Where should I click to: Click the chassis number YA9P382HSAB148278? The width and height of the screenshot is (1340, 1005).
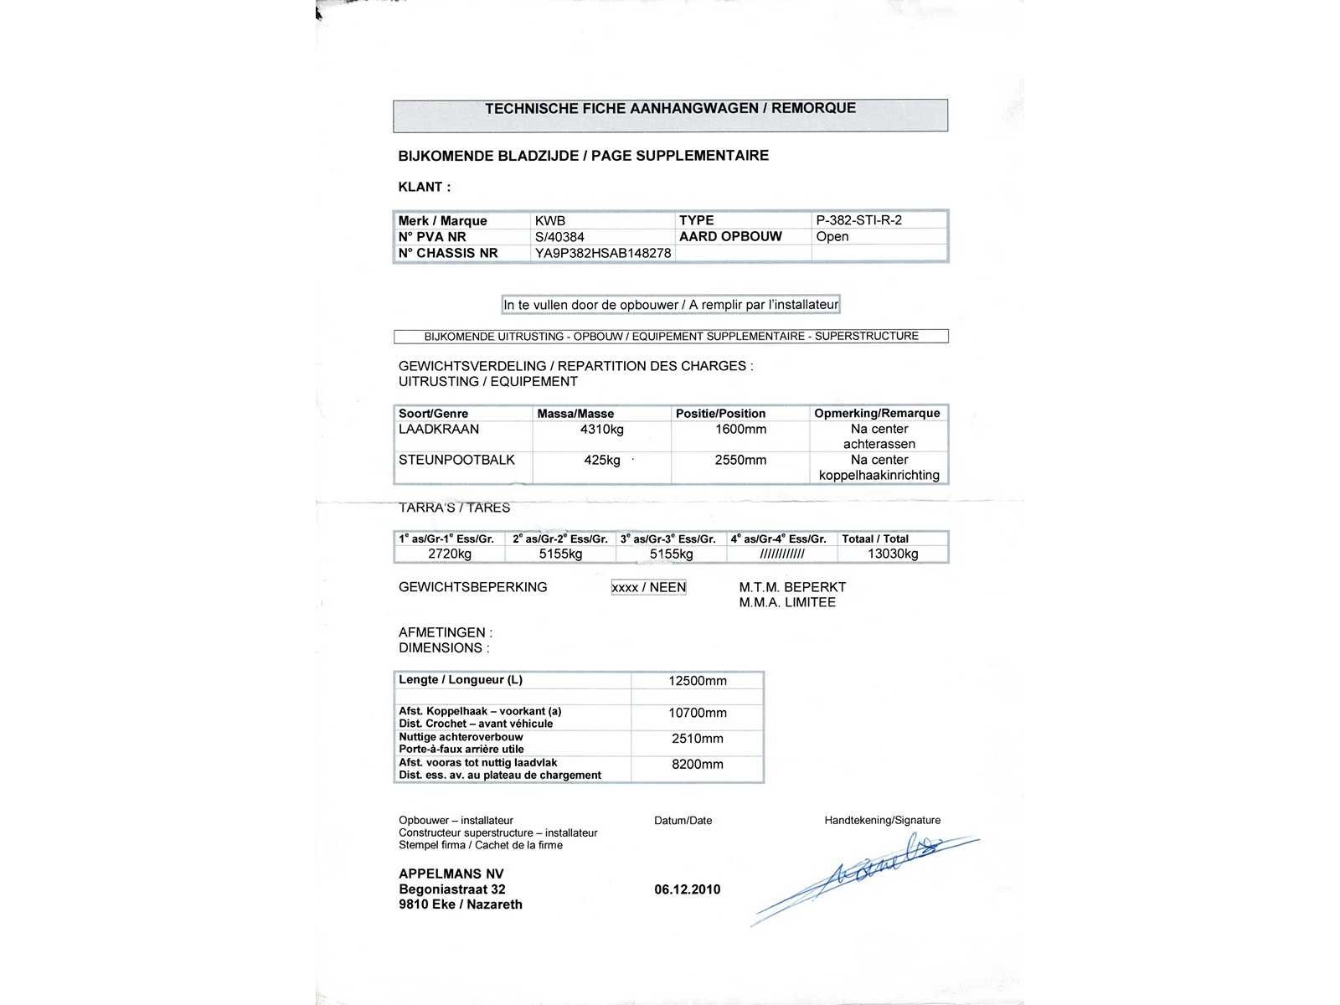tap(603, 253)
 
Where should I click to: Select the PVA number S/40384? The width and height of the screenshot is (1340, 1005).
tap(559, 237)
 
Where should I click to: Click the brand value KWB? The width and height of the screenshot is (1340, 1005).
tap(550, 221)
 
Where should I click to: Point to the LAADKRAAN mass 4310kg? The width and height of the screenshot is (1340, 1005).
tap(601, 430)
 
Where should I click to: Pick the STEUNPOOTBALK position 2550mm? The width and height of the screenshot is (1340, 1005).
tap(740, 460)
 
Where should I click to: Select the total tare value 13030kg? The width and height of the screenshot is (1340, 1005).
tap(893, 554)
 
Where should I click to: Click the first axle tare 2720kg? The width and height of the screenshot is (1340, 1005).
tap(450, 554)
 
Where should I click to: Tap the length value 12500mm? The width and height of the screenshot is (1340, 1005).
tap(698, 681)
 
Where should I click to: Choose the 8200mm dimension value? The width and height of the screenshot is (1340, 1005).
tap(698, 764)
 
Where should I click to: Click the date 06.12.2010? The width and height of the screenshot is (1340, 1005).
tap(687, 889)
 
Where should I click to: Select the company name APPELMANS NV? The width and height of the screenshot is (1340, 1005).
tap(451, 874)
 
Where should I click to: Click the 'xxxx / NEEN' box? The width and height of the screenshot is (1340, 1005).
tap(649, 587)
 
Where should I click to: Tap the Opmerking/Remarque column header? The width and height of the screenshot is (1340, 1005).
tap(877, 413)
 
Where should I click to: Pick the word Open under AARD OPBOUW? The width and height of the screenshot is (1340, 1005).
tap(832, 236)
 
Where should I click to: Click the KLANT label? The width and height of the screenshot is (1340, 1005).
tap(425, 187)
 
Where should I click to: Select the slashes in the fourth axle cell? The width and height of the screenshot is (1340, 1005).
tap(782, 554)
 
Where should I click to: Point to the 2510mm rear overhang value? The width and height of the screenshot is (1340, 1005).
tap(698, 739)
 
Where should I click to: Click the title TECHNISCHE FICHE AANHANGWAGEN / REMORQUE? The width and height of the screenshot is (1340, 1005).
tap(670, 108)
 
